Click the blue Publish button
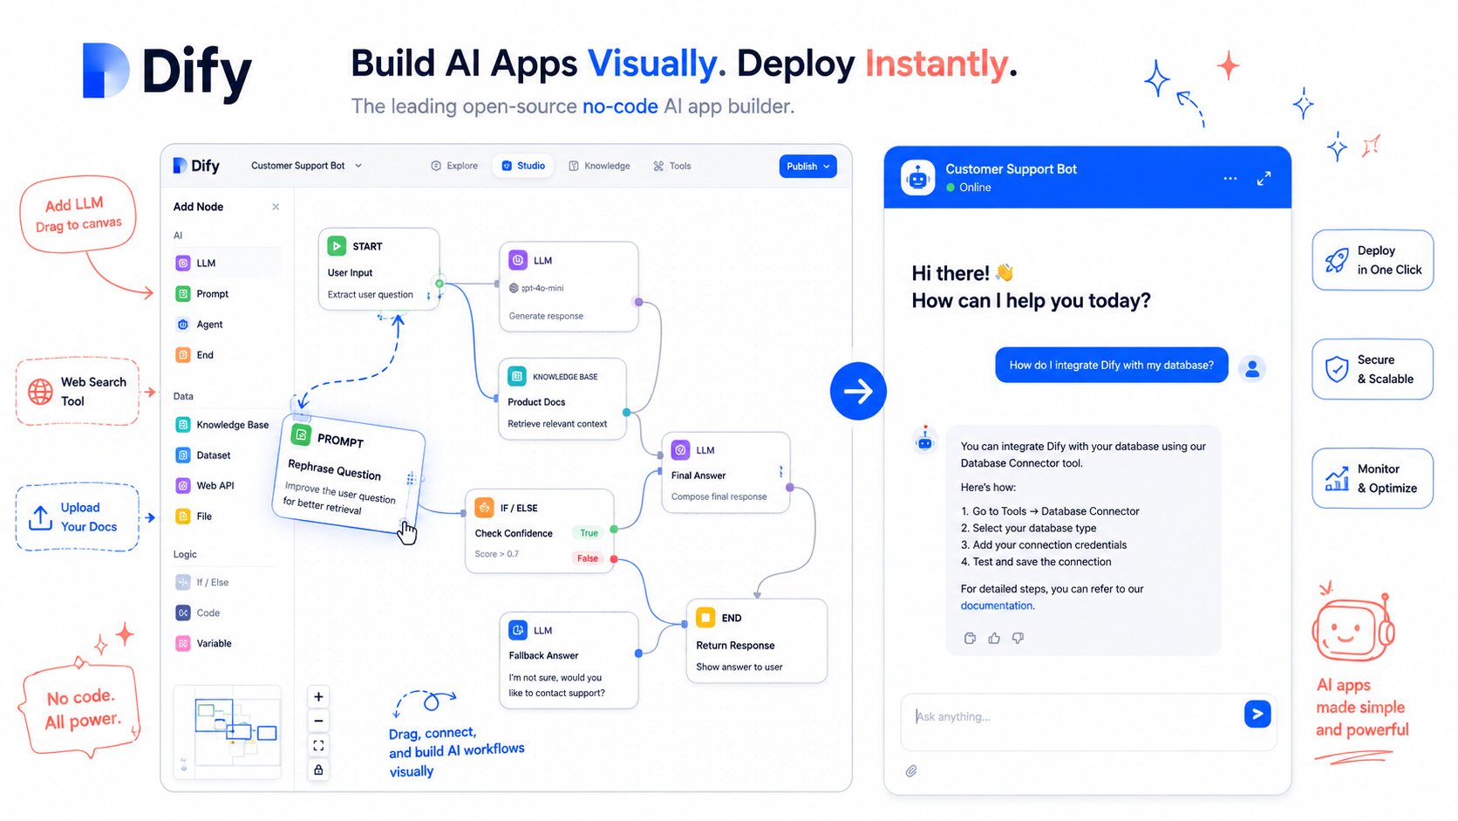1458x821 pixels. click(807, 166)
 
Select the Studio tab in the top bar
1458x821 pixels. click(523, 166)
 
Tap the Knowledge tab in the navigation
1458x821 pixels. click(599, 166)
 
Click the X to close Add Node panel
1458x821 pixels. click(276, 207)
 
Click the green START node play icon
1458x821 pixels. click(337, 246)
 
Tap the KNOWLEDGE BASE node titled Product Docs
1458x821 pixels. click(562, 399)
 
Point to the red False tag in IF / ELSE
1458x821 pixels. click(587, 558)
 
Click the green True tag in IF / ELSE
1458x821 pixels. click(589, 532)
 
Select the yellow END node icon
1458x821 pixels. click(705, 617)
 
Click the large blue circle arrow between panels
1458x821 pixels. click(858, 391)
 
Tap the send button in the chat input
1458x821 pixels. click(1257, 715)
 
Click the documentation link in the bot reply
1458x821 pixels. click(997, 605)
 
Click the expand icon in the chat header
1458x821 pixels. click(1264, 178)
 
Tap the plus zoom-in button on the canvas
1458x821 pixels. click(318, 697)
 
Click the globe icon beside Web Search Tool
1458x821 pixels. click(40, 392)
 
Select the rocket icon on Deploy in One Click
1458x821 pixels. click(1337, 260)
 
